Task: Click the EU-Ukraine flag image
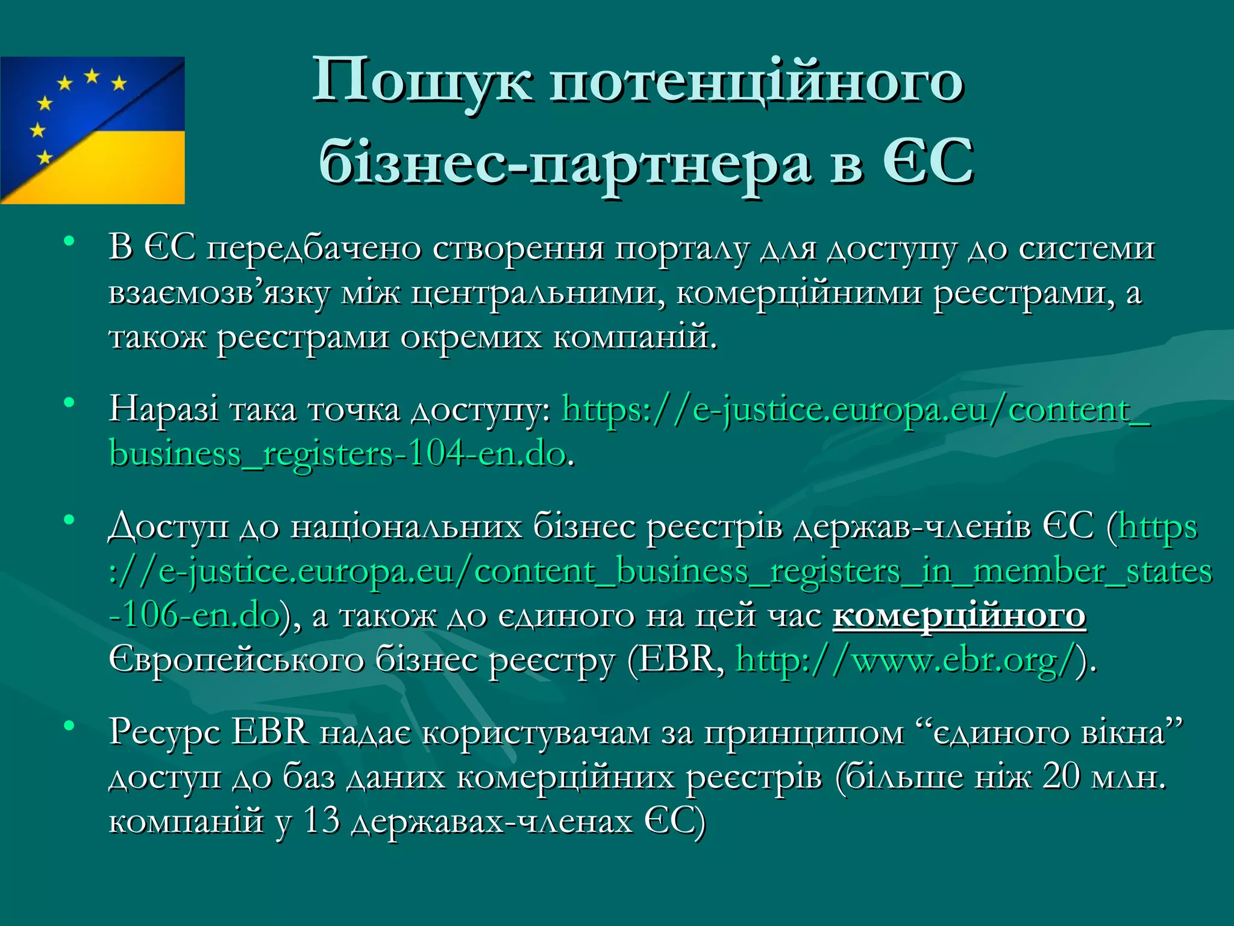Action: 92,130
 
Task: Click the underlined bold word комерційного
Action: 959,615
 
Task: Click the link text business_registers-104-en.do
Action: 337,453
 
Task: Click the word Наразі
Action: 164,409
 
